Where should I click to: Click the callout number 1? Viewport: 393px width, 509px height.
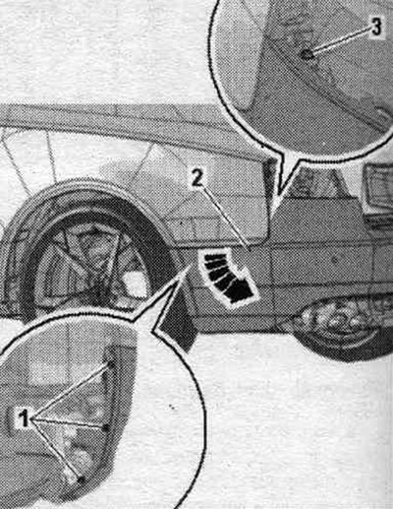click(24, 418)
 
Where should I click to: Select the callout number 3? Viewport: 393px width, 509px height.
click(376, 27)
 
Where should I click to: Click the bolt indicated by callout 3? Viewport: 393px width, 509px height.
click(307, 54)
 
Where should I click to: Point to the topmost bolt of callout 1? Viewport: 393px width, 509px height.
click(111, 363)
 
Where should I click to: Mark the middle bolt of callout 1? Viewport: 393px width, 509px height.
click(106, 427)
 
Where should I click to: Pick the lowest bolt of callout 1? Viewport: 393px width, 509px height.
click(81, 479)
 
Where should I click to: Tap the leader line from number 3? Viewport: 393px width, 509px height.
click(341, 40)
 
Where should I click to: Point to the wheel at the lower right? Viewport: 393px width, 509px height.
click(341, 328)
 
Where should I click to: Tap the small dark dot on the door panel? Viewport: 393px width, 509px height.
click(334, 260)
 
